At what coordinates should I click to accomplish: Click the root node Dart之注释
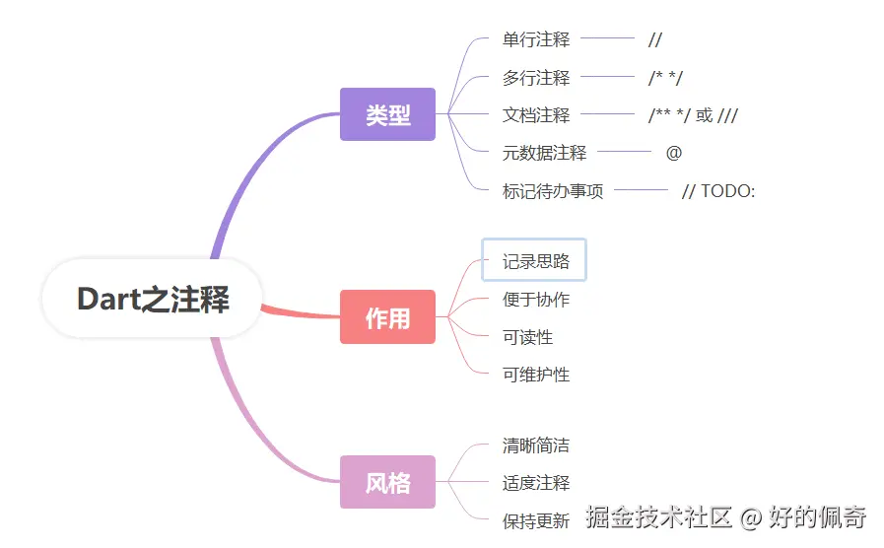point(153,299)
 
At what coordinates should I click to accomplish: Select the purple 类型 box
point(387,114)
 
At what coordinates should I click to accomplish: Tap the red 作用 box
point(387,317)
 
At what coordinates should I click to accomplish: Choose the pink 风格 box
point(387,482)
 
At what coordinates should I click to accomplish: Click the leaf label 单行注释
point(536,39)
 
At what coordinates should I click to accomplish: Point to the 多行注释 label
point(536,78)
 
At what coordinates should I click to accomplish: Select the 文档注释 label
point(536,115)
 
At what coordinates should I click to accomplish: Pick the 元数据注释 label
point(544,153)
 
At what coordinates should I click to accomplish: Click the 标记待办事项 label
point(553,191)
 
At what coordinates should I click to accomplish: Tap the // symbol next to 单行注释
point(655,39)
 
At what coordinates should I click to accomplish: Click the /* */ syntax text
point(665,78)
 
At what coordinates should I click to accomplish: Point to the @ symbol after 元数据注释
point(674,153)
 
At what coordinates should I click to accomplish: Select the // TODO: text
point(718,191)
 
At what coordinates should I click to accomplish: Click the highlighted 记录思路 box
point(534,261)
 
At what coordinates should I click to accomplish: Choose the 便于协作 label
point(536,300)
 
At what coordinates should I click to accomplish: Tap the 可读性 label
point(527,337)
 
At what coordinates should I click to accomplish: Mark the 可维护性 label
point(536,375)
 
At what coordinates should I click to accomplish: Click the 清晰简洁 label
point(536,445)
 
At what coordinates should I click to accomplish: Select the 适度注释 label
point(536,483)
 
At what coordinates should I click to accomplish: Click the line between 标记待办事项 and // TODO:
point(641,190)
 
